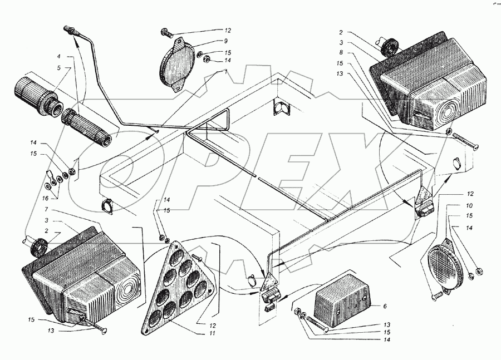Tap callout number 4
58,57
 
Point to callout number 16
46,198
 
